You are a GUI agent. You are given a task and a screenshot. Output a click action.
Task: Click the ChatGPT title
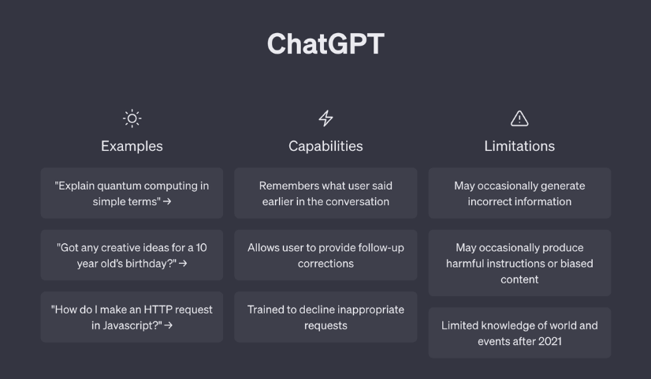click(325, 43)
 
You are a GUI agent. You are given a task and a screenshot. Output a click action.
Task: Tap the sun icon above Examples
click(132, 118)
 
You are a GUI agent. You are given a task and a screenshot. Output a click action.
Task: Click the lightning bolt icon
click(325, 118)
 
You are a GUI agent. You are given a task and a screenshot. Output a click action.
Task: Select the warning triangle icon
click(519, 118)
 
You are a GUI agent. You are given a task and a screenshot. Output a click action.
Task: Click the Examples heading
click(132, 146)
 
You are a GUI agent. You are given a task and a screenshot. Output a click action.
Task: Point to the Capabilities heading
click(325, 146)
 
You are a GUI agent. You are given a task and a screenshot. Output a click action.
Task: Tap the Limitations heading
click(519, 146)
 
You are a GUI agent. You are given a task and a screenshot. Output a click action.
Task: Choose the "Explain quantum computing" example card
click(132, 193)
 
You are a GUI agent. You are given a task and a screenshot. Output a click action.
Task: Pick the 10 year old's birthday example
click(132, 255)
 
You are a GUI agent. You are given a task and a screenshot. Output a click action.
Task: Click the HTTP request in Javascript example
click(132, 317)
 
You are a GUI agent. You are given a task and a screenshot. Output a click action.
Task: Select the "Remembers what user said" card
click(325, 193)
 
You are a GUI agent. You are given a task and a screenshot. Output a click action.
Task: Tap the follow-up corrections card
click(325, 255)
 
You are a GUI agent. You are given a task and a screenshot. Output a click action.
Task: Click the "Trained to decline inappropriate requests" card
click(325, 317)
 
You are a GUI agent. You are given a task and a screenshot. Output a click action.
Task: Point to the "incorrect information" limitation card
click(519, 193)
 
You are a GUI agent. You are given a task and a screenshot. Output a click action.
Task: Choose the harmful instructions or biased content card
click(519, 263)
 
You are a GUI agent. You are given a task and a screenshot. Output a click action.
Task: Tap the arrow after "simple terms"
click(167, 201)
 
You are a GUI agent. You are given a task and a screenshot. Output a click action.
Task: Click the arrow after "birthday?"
click(183, 264)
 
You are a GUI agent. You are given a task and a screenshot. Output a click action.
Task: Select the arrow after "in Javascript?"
click(168, 325)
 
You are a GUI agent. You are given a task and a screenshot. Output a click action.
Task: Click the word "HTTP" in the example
click(157, 310)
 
